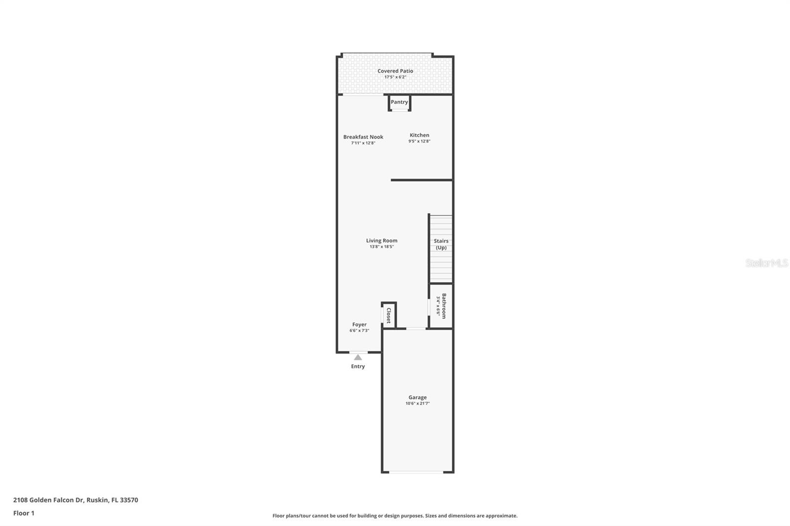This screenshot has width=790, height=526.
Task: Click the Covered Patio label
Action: pyautogui.click(x=395, y=71)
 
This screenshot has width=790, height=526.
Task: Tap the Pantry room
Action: pyautogui.click(x=399, y=102)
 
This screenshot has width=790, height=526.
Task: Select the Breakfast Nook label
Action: pyautogui.click(x=363, y=137)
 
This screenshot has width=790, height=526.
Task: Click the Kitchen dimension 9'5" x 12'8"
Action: pyautogui.click(x=419, y=141)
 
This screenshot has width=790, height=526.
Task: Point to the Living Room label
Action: pyautogui.click(x=382, y=241)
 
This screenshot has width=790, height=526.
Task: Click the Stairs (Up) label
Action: pyautogui.click(x=441, y=244)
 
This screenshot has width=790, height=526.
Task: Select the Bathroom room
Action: pyautogui.click(x=441, y=306)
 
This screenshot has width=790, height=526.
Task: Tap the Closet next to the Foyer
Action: pyautogui.click(x=389, y=315)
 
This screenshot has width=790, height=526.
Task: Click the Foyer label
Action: pyautogui.click(x=359, y=325)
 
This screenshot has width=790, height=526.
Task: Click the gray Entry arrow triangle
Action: pyautogui.click(x=358, y=357)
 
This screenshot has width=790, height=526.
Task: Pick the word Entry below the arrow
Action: pyautogui.click(x=358, y=367)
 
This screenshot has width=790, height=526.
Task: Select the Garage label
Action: pyautogui.click(x=417, y=397)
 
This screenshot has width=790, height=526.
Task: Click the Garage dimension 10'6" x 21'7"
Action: pyautogui.click(x=418, y=404)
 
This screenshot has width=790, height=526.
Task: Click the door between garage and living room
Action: pyautogui.click(x=416, y=329)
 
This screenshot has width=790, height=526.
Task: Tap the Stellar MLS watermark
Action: pyautogui.click(x=766, y=263)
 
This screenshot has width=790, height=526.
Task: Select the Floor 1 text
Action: pyautogui.click(x=24, y=513)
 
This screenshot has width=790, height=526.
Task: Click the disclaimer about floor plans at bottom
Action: pyautogui.click(x=395, y=516)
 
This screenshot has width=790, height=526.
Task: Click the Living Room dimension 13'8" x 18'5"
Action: pyautogui.click(x=382, y=247)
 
